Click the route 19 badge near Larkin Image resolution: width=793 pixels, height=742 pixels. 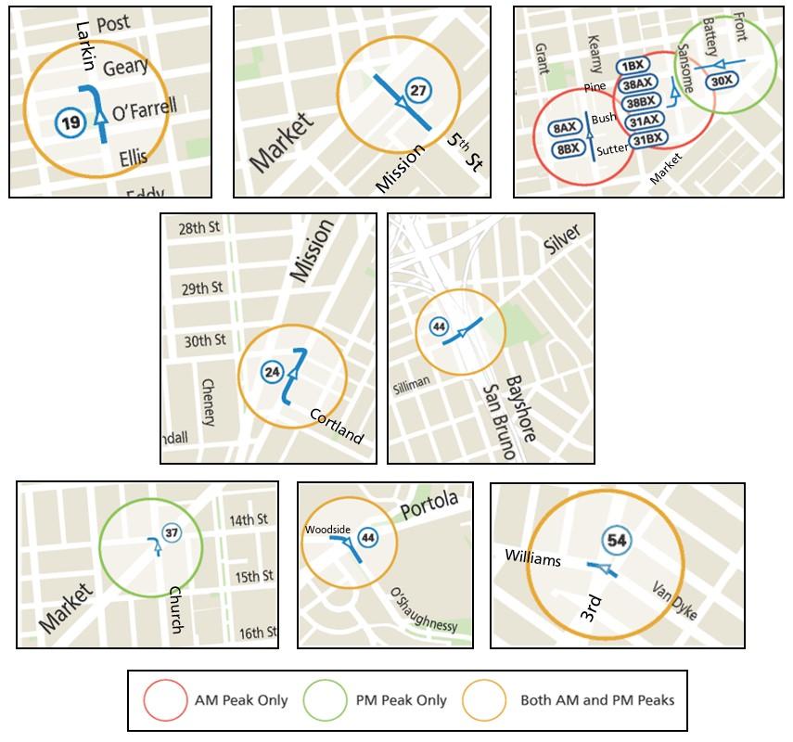click(68, 121)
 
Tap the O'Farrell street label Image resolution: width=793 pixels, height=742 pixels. click(144, 110)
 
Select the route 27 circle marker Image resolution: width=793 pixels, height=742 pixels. click(418, 90)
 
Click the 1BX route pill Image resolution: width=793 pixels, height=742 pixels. click(633, 67)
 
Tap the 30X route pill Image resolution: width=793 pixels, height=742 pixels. click(722, 82)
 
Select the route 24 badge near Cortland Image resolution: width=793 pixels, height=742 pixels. click(272, 372)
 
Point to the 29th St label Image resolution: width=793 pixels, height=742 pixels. click(202, 288)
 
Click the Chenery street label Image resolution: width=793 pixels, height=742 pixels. click(209, 402)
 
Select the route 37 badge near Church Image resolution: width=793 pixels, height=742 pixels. click(172, 532)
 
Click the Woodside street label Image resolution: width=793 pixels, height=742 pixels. click(327, 530)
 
